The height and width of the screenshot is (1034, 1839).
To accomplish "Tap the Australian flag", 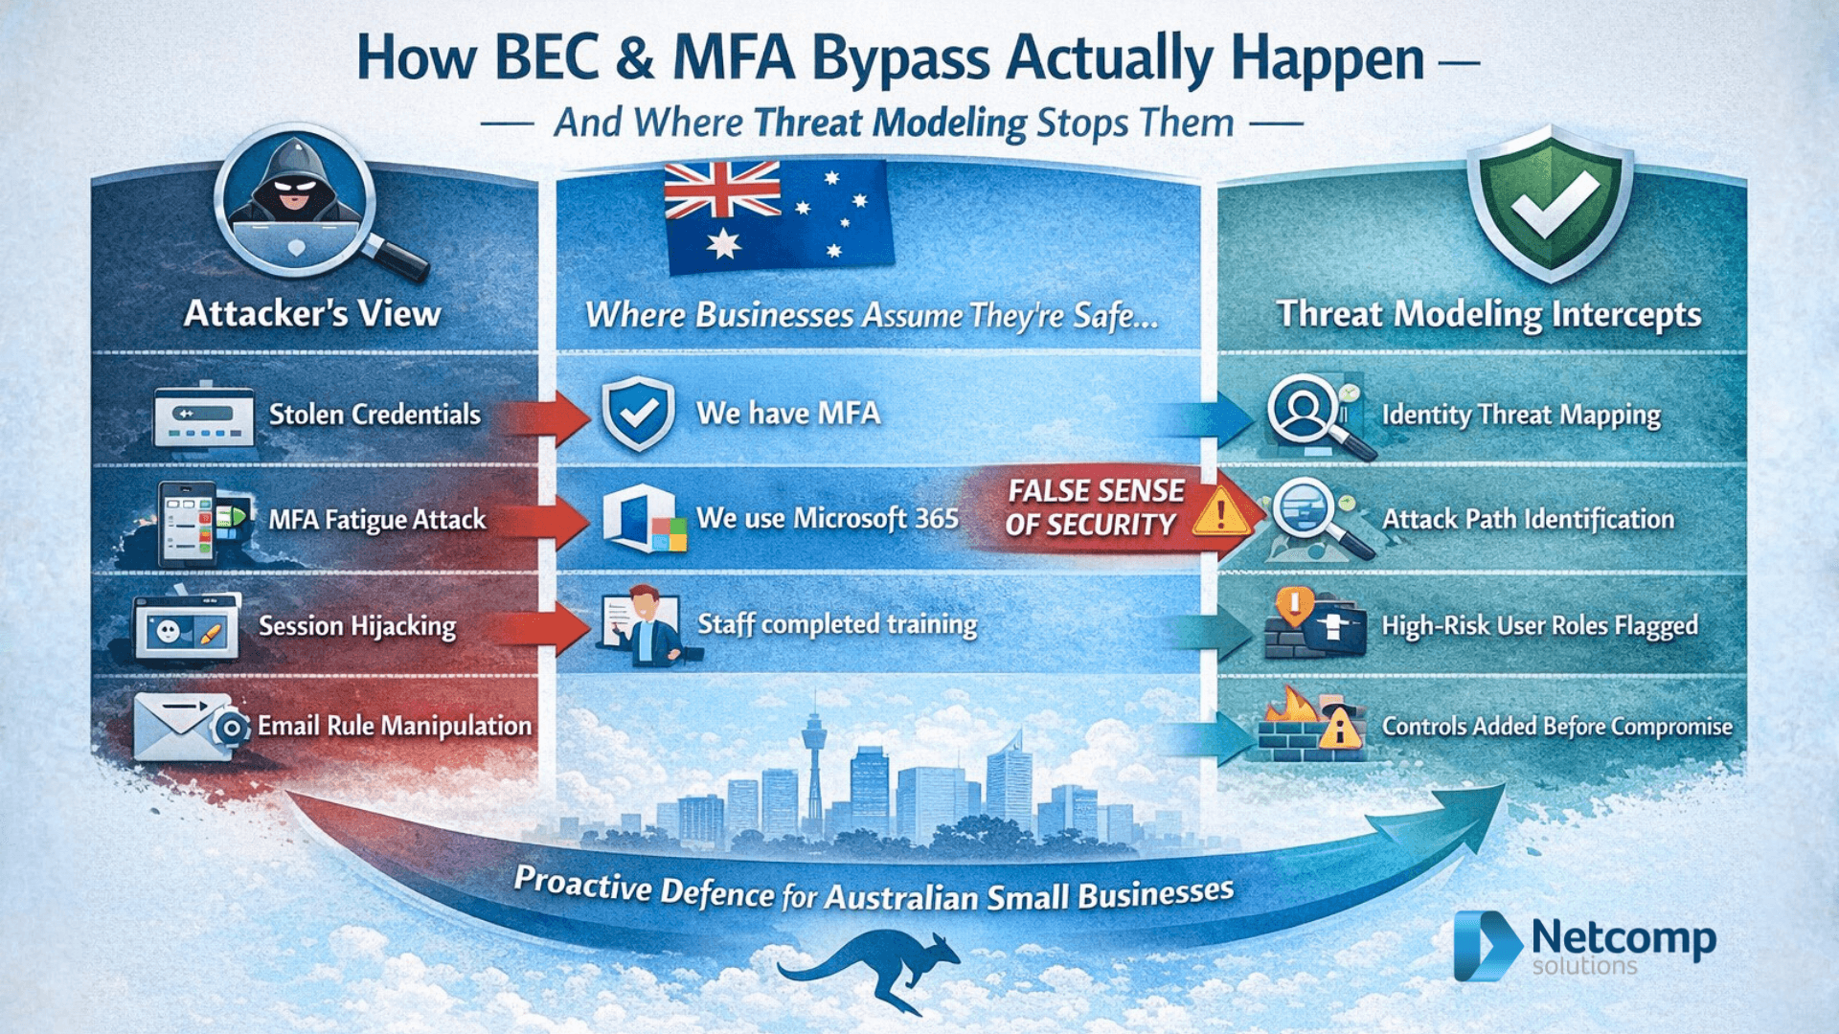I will point(777,215).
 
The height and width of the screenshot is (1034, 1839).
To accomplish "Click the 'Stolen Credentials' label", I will point(375,415).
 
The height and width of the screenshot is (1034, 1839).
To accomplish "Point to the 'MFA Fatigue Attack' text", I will point(376,520).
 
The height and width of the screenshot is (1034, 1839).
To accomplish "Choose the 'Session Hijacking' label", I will point(357,626).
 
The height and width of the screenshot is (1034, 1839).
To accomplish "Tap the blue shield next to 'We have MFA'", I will point(638,414).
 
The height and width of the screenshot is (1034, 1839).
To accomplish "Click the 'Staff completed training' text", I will point(836,624).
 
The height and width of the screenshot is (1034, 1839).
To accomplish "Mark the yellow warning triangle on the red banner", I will point(1220,510).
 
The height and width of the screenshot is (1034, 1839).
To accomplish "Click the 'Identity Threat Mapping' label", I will point(1521,415).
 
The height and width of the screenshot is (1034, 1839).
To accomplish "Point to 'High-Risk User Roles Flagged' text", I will point(1539,626).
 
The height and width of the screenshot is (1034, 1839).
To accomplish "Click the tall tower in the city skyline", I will point(814,766).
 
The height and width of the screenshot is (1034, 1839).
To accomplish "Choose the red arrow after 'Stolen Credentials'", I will point(547,416).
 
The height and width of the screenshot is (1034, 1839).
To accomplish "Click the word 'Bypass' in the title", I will point(900,59).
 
